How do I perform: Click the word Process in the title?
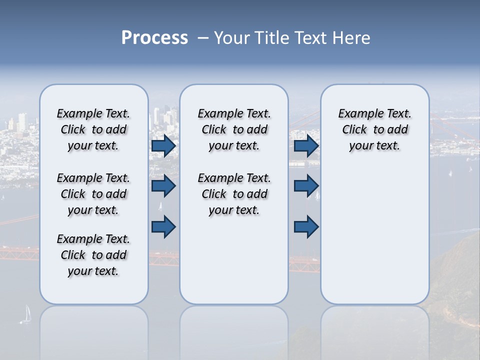(154, 38)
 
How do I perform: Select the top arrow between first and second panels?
(163, 145)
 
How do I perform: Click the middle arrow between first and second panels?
(163, 186)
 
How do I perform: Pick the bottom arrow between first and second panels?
(163, 226)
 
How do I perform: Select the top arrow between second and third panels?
(306, 145)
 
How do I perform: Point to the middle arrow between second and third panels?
(306, 186)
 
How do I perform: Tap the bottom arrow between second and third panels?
(306, 226)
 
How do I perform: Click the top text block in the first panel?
(93, 129)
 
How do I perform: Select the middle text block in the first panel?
(93, 194)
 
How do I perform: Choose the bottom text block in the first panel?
(93, 255)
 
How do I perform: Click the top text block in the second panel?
(234, 129)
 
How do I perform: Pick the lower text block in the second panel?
(234, 194)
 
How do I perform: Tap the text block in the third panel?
(374, 129)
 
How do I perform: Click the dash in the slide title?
(203, 38)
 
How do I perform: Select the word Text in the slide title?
(310, 38)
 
